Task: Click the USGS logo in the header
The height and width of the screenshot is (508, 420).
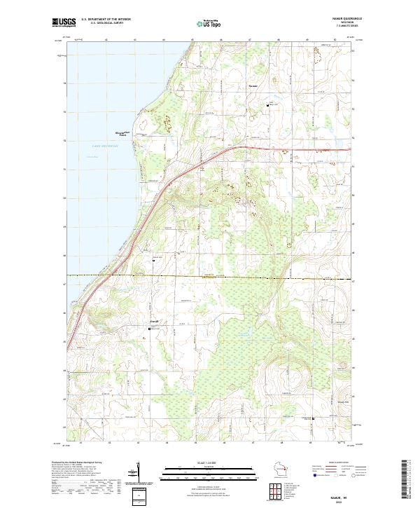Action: tap(64, 22)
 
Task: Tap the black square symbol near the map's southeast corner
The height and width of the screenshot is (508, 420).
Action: tap(313, 418)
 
